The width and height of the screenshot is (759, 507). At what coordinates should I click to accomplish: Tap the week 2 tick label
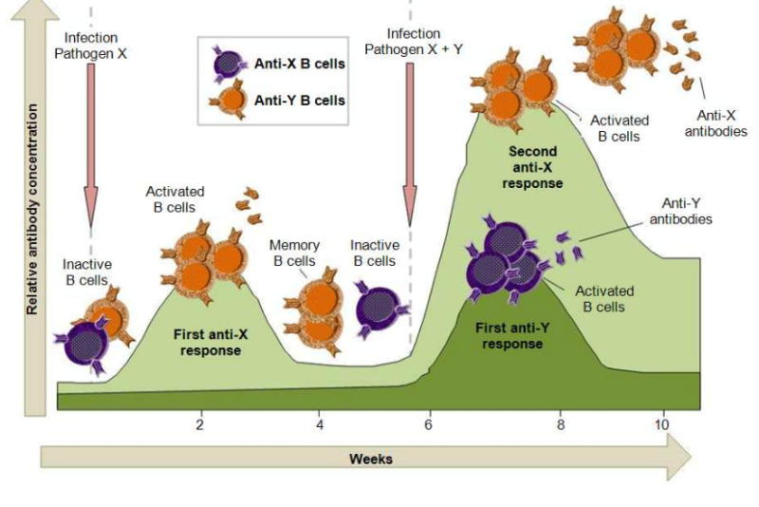coord(200,423)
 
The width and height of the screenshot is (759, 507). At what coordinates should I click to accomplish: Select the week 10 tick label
coord(661,423)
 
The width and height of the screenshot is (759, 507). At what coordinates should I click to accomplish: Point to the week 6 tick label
coord(428,423)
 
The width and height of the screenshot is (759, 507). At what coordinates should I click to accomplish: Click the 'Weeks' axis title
coord(370,459)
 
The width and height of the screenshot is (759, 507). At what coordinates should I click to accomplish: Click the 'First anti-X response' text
coord(208,342)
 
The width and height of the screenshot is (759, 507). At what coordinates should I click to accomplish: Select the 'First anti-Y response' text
coord(512,335)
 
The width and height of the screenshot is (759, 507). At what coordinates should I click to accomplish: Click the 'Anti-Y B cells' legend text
coord(299,100)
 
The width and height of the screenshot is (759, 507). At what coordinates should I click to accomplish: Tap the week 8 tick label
coord(561,423)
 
